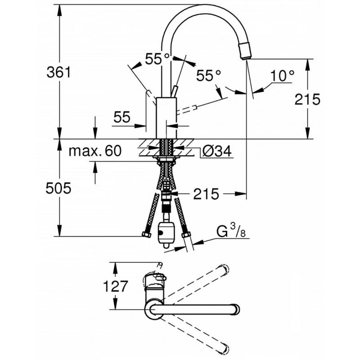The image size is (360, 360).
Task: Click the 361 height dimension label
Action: click(x=59, y=72)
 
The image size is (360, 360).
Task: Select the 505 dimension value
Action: click(x=59, y=189)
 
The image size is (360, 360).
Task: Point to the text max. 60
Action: click(x=95, y=151)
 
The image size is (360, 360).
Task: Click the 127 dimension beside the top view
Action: click(x=116, y=286)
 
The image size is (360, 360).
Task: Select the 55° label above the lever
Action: click(x=158, y=58)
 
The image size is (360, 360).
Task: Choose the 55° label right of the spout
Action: click(x=209, y=76)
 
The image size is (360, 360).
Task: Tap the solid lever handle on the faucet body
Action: click(x=174, y=92)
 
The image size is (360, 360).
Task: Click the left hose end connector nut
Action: click(x=147, y=234)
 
